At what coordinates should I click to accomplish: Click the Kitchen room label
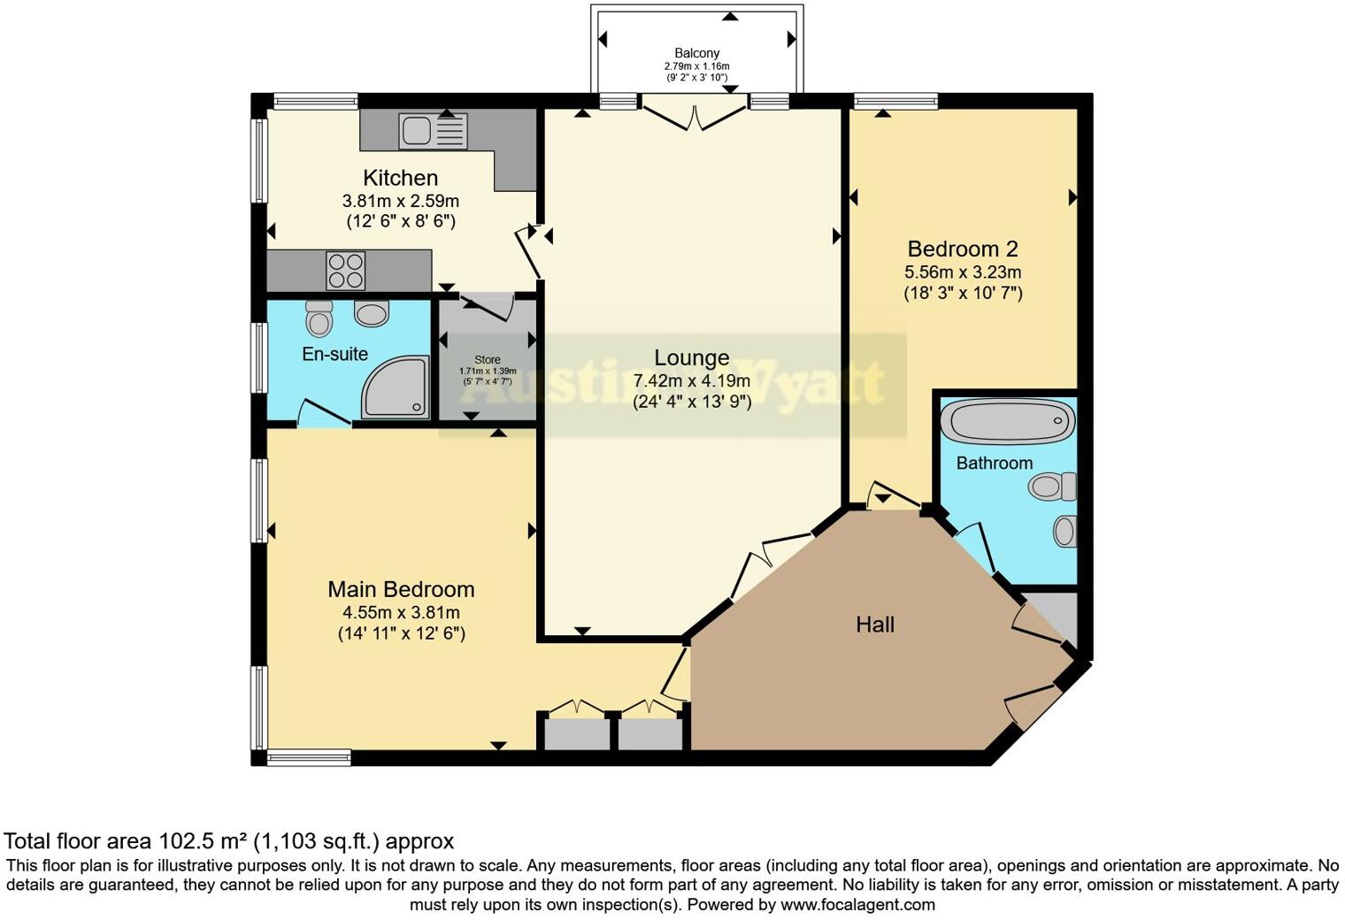[x=401, y=178]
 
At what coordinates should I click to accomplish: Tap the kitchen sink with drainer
[x=433, y=132]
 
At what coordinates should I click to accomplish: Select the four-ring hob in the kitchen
[x=346, y=271]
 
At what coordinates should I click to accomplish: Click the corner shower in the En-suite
[x=395, y=387]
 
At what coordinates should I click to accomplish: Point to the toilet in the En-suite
[x=319, y=318]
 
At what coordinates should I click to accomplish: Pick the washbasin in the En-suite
[x=372, y=313]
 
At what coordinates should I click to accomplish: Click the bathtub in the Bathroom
[x=1008, y=421]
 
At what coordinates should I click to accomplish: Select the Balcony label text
[x=696, y=53]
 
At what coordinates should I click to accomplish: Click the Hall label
[x=875, y=625]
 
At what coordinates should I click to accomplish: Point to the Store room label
[x=487, y=359]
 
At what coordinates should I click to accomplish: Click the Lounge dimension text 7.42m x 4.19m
[x=692, y=380]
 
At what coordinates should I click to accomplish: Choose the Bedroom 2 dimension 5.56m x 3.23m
[x=963, y=272]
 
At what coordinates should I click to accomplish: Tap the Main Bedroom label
[x=401, y=589]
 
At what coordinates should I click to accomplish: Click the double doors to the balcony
[x=696, y=117]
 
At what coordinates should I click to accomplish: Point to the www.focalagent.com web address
[x=858, y=904]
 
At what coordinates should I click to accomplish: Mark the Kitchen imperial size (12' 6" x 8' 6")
[x=401, y=221]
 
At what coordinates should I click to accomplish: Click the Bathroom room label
[x=995, y=463]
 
